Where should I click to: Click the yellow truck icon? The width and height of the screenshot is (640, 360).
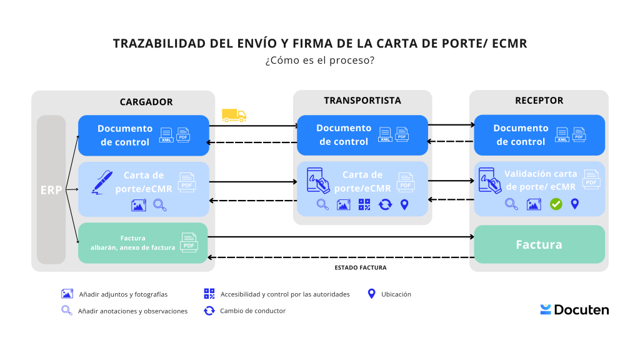click(x=234, y=115)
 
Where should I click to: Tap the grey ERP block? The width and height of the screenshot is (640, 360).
click(x=51, y=189)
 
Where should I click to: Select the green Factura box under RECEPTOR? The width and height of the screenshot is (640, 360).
click(x=539, y=244)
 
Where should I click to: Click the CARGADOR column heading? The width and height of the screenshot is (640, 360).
click(x=146, y=102)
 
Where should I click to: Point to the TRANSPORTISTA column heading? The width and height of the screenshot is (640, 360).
click(x=362, y=101)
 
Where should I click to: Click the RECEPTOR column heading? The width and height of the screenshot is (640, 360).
click(x=539, y=101)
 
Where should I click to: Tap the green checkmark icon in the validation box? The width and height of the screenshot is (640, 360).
click(x=556, y=204)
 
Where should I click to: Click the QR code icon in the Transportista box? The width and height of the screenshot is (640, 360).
click(x=364, y=204)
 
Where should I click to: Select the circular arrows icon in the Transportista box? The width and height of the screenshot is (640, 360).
click(x=385, y=204)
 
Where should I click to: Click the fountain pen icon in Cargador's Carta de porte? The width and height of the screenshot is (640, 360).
click(x=101, y=181)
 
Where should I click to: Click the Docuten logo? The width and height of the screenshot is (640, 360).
click(x=574, y=309)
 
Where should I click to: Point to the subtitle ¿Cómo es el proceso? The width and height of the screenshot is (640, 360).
click(x=319, y=61)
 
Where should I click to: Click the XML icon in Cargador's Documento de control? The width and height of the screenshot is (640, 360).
click(x=166, y=134)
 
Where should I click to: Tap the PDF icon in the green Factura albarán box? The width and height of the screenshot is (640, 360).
click(x=188, y=241)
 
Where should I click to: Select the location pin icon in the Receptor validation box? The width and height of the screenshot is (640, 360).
click(x=575, y=204)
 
